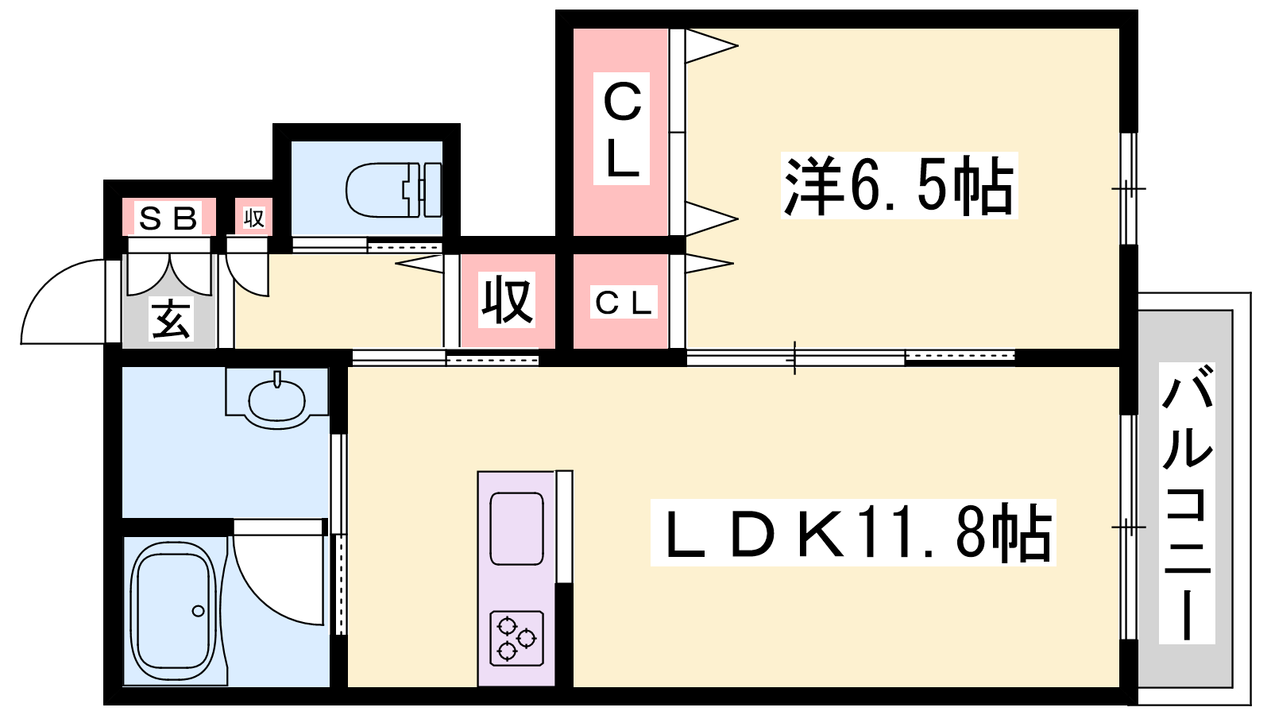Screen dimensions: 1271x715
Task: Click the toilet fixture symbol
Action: coord(393,190)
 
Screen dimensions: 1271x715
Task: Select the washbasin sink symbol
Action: coord(277,400)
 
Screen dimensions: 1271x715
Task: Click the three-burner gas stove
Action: coord(516,638)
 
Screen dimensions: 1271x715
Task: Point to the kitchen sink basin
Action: coord(516,529)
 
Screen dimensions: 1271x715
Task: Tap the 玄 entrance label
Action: coord(171,319)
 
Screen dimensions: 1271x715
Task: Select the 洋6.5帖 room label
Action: coord(899,186)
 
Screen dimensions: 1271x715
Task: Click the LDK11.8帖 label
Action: coord(853,532)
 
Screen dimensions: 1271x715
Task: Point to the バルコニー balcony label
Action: coord(1187,503)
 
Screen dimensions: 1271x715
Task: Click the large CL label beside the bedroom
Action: coord(622,129)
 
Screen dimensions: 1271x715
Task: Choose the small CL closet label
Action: coord(624,303)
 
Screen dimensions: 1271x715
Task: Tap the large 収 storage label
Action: coord(507,300)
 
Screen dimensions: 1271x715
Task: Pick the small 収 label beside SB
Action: coord(253,218)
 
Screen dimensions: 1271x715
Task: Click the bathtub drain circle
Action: coord(198,611)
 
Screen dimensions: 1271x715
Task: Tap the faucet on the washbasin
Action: coord(277,378)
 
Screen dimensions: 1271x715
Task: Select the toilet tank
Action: coord(432,190)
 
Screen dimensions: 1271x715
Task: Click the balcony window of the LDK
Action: coord(1129,528)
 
